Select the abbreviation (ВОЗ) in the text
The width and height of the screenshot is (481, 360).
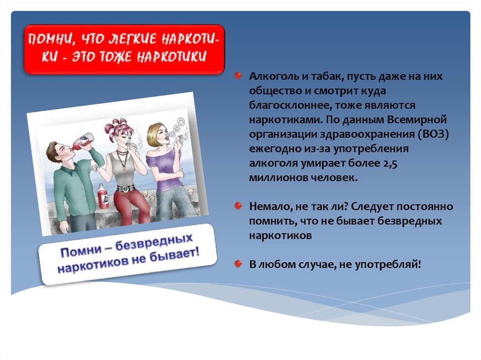coord(432,134)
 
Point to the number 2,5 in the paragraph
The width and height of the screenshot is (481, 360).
coord(390,163)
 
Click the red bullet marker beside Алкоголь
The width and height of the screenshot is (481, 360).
coord(238,76)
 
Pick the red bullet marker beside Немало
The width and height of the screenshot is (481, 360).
coord(238,206)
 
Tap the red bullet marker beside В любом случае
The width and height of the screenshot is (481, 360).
coord(238,263)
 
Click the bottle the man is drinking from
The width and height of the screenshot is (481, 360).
coord(83,141)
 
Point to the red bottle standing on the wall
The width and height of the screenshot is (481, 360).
coord(103,197)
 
